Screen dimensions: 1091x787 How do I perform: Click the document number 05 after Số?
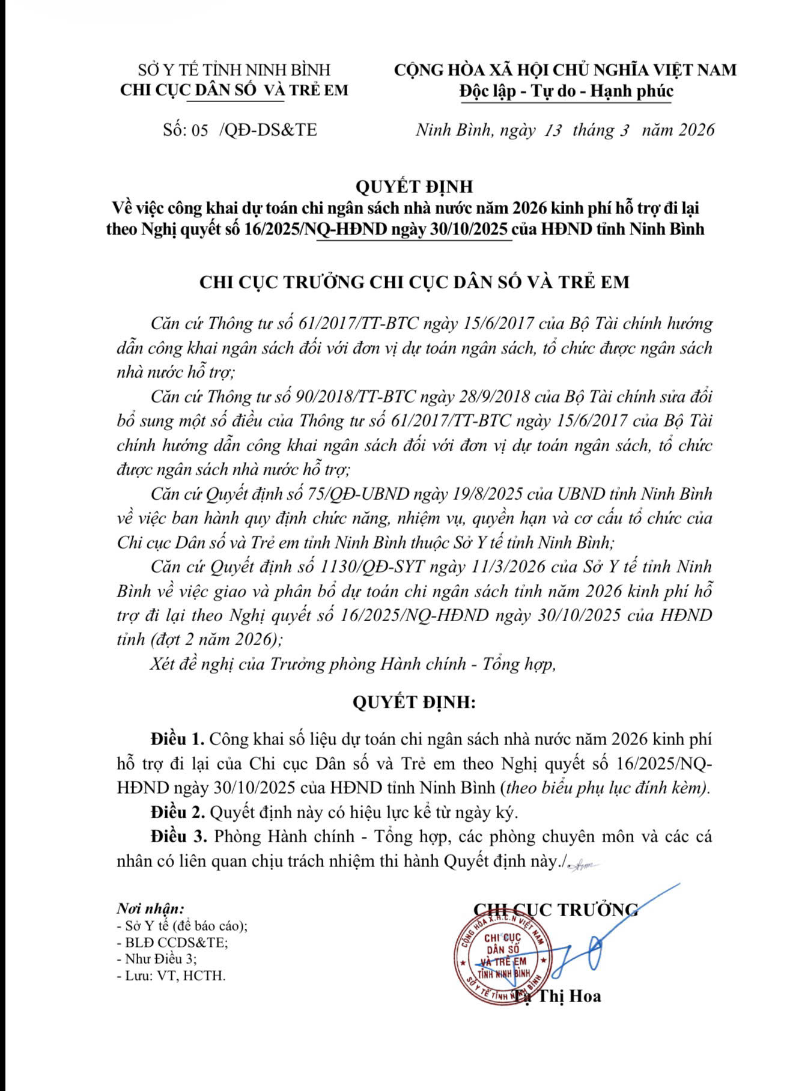pyautogui.click(x=199, y=130)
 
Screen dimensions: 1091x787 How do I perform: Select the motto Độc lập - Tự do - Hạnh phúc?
pyautogui.click(x=566, y=91)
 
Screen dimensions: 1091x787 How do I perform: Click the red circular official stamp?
pyautogui.click(x=504, y=958)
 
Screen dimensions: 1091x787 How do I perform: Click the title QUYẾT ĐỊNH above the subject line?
pyautogui.click(x=414, y=187)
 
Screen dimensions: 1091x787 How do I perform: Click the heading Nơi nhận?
pyautogui.click(x=150, y=908)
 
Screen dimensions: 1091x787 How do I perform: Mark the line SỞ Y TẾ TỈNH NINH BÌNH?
pyautogui.click(x=234, y=70)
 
